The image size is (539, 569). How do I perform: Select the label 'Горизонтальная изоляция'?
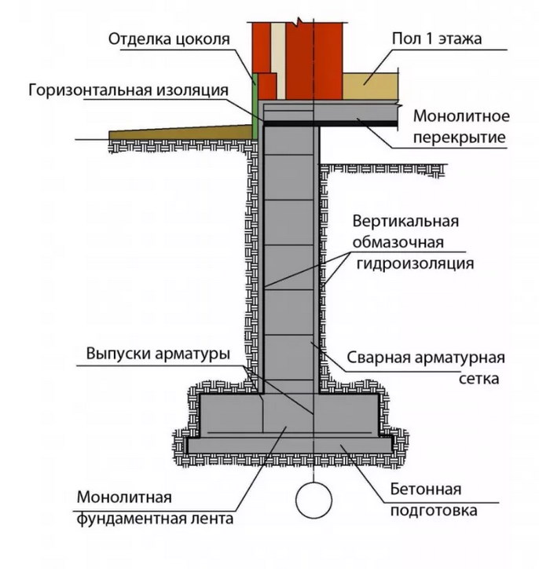[x=128, y=90]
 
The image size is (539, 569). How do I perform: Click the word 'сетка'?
[x=476, y=379]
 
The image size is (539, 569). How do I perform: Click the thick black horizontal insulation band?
[x=330, y=123]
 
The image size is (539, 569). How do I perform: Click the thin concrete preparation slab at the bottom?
[x=290, y=445]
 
